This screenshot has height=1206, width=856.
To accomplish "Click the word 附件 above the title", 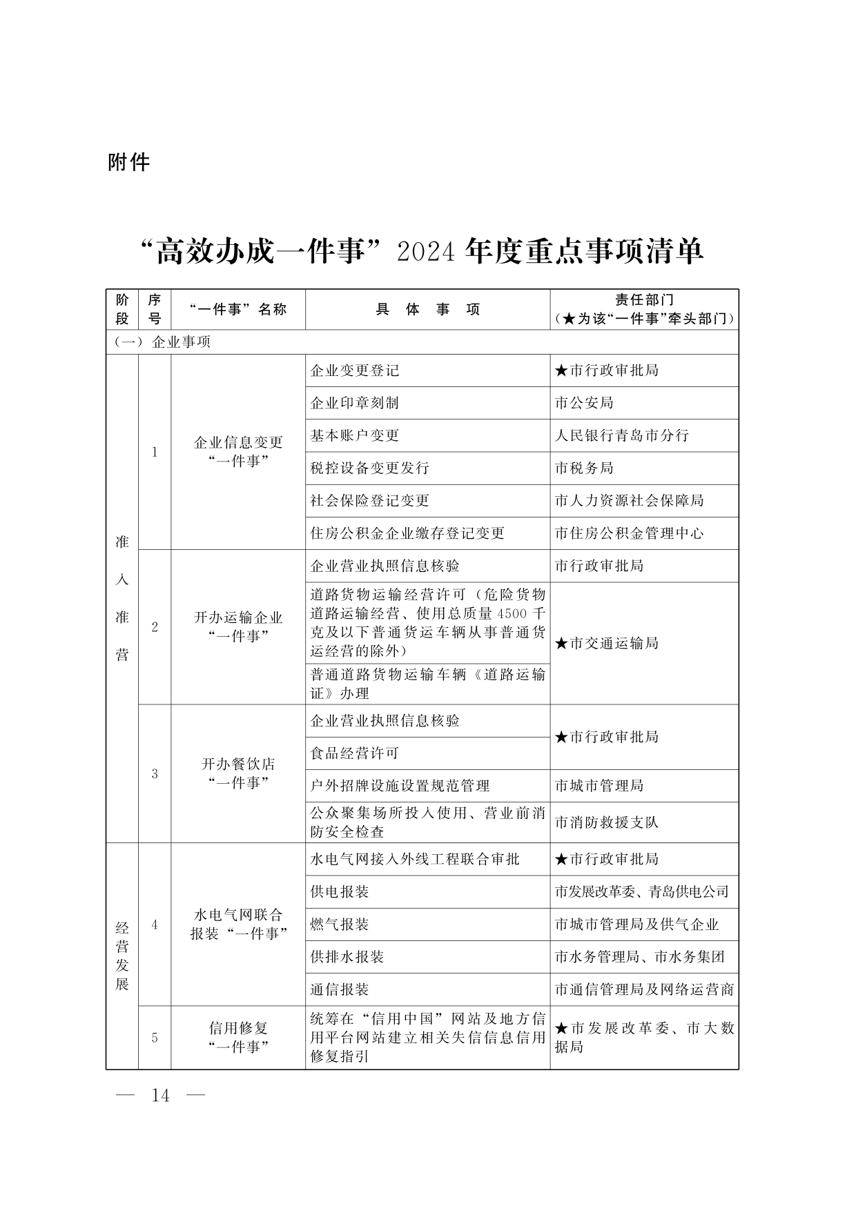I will (129, 162).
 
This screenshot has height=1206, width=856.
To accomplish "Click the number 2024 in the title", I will (425, 251).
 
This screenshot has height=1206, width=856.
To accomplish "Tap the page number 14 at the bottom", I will (160, 1095).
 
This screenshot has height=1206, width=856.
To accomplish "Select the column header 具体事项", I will (427, 309).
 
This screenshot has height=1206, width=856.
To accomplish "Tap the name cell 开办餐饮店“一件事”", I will (238, 773).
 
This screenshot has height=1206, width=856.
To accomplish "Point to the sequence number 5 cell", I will (155, 1038).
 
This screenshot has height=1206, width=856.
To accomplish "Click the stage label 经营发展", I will (122, 956).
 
